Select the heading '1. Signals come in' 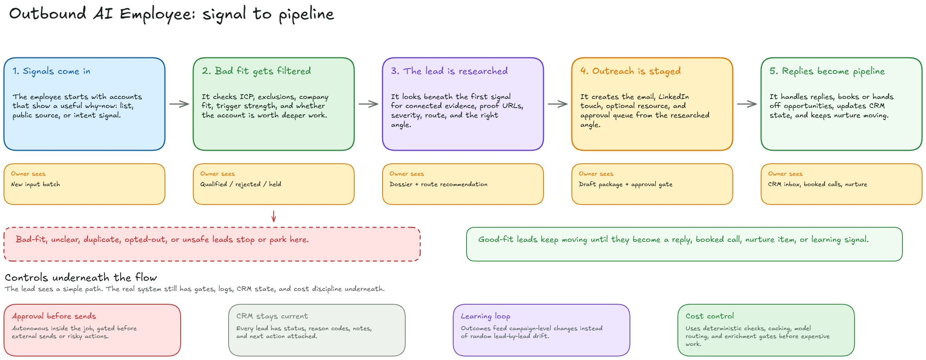pyautogui.click(x=51, y=71)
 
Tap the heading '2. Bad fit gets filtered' pyautogui.click(x=256, y=71)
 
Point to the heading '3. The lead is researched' pyautogui.click(x=449, y=71)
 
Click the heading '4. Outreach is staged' pyautogui.click(x=631, y=71)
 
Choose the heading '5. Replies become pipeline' pyautogui.click(x=827, y=71)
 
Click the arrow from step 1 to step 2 pyautogui.click(x=179, y=104)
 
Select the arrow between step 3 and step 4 pyautogui.click(x=558, y=104)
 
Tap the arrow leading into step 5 pyautogui.click(x=747, y=104)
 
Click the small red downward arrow pyautogui.click(x=274, y=216)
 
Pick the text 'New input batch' pyautogui.click(x=36, y=184)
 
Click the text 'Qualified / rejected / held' pyautogui.click(x=241, y=184)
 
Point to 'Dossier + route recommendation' pyautogui.click(x=438, y=184)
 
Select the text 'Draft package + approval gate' pyautogui.click(x=626, y=184)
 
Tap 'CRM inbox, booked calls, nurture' pyautogui.click(x=818, y=184)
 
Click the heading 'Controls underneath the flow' pyautogui.click(x=81, y=278)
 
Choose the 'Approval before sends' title pyautogui.click(x=54, y=316)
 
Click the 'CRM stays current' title pyautogui.click(x=272, y=316)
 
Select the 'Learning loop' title pyautogui.click(x=486, y=316)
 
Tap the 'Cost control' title pyautogui.click(x=710, y=316)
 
